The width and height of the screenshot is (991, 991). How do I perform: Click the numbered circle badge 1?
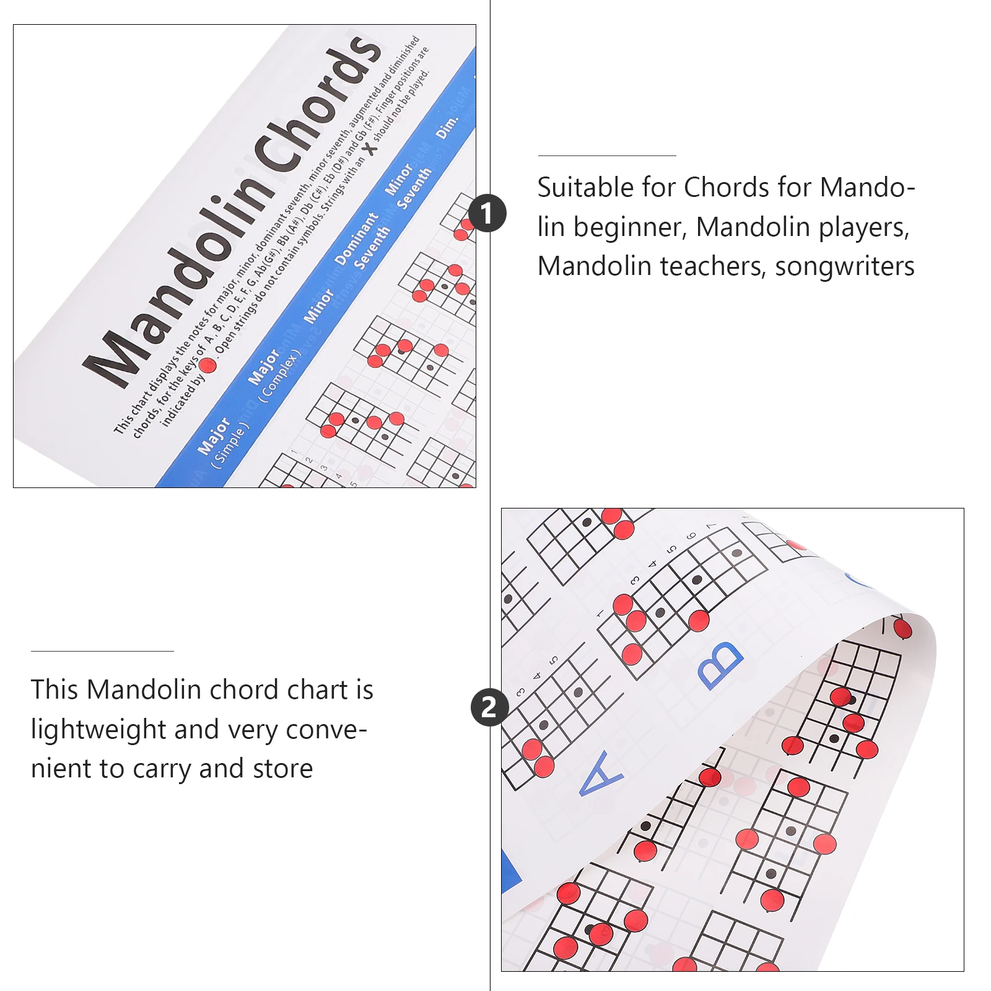[x=487, y=213]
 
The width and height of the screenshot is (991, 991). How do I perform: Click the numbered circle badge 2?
[x=489, y=707]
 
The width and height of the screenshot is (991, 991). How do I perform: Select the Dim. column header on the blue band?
[x=447, y=126]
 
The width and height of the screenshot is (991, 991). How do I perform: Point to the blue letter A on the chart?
[x=600, y=775]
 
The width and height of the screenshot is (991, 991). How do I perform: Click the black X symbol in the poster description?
[x=370, y=149]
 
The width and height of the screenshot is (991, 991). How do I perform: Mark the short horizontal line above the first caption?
[x=607, y=156]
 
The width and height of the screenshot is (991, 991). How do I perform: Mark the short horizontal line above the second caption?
[x=102, y=651]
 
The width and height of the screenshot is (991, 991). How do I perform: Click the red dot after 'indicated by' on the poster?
[x=207, y=365]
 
